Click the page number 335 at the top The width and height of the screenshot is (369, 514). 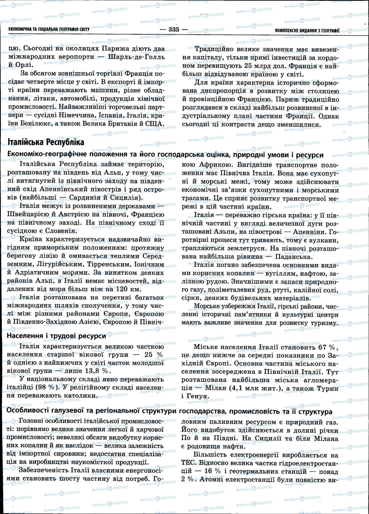[x=174, y=29]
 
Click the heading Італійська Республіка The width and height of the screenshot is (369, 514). [x=46, y=142]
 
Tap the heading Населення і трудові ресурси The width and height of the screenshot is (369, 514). [x=56, y=336]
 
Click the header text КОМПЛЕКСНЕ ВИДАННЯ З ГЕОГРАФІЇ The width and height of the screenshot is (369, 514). [x=307, y=31]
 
